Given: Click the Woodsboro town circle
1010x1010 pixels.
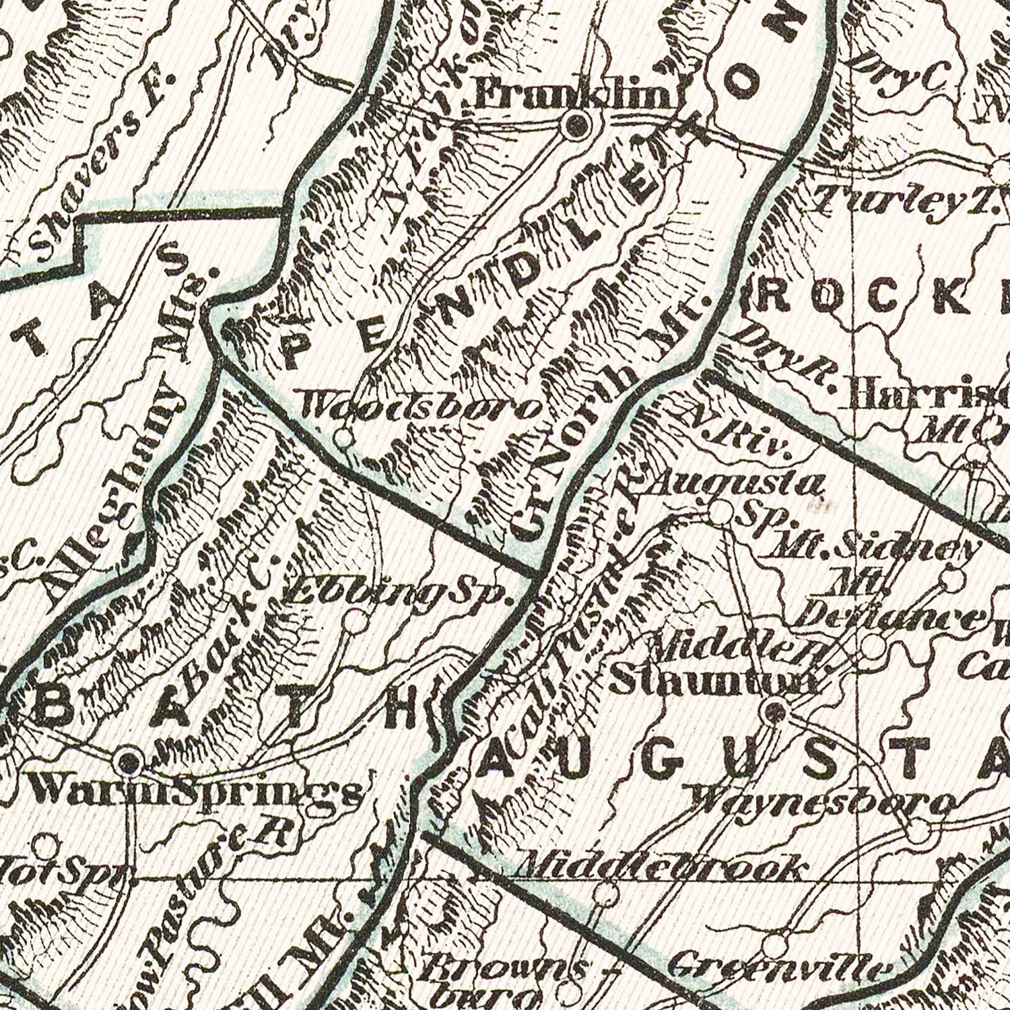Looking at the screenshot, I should tap(343, 439).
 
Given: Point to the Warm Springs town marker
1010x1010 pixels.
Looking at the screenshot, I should tap(128, 762).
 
